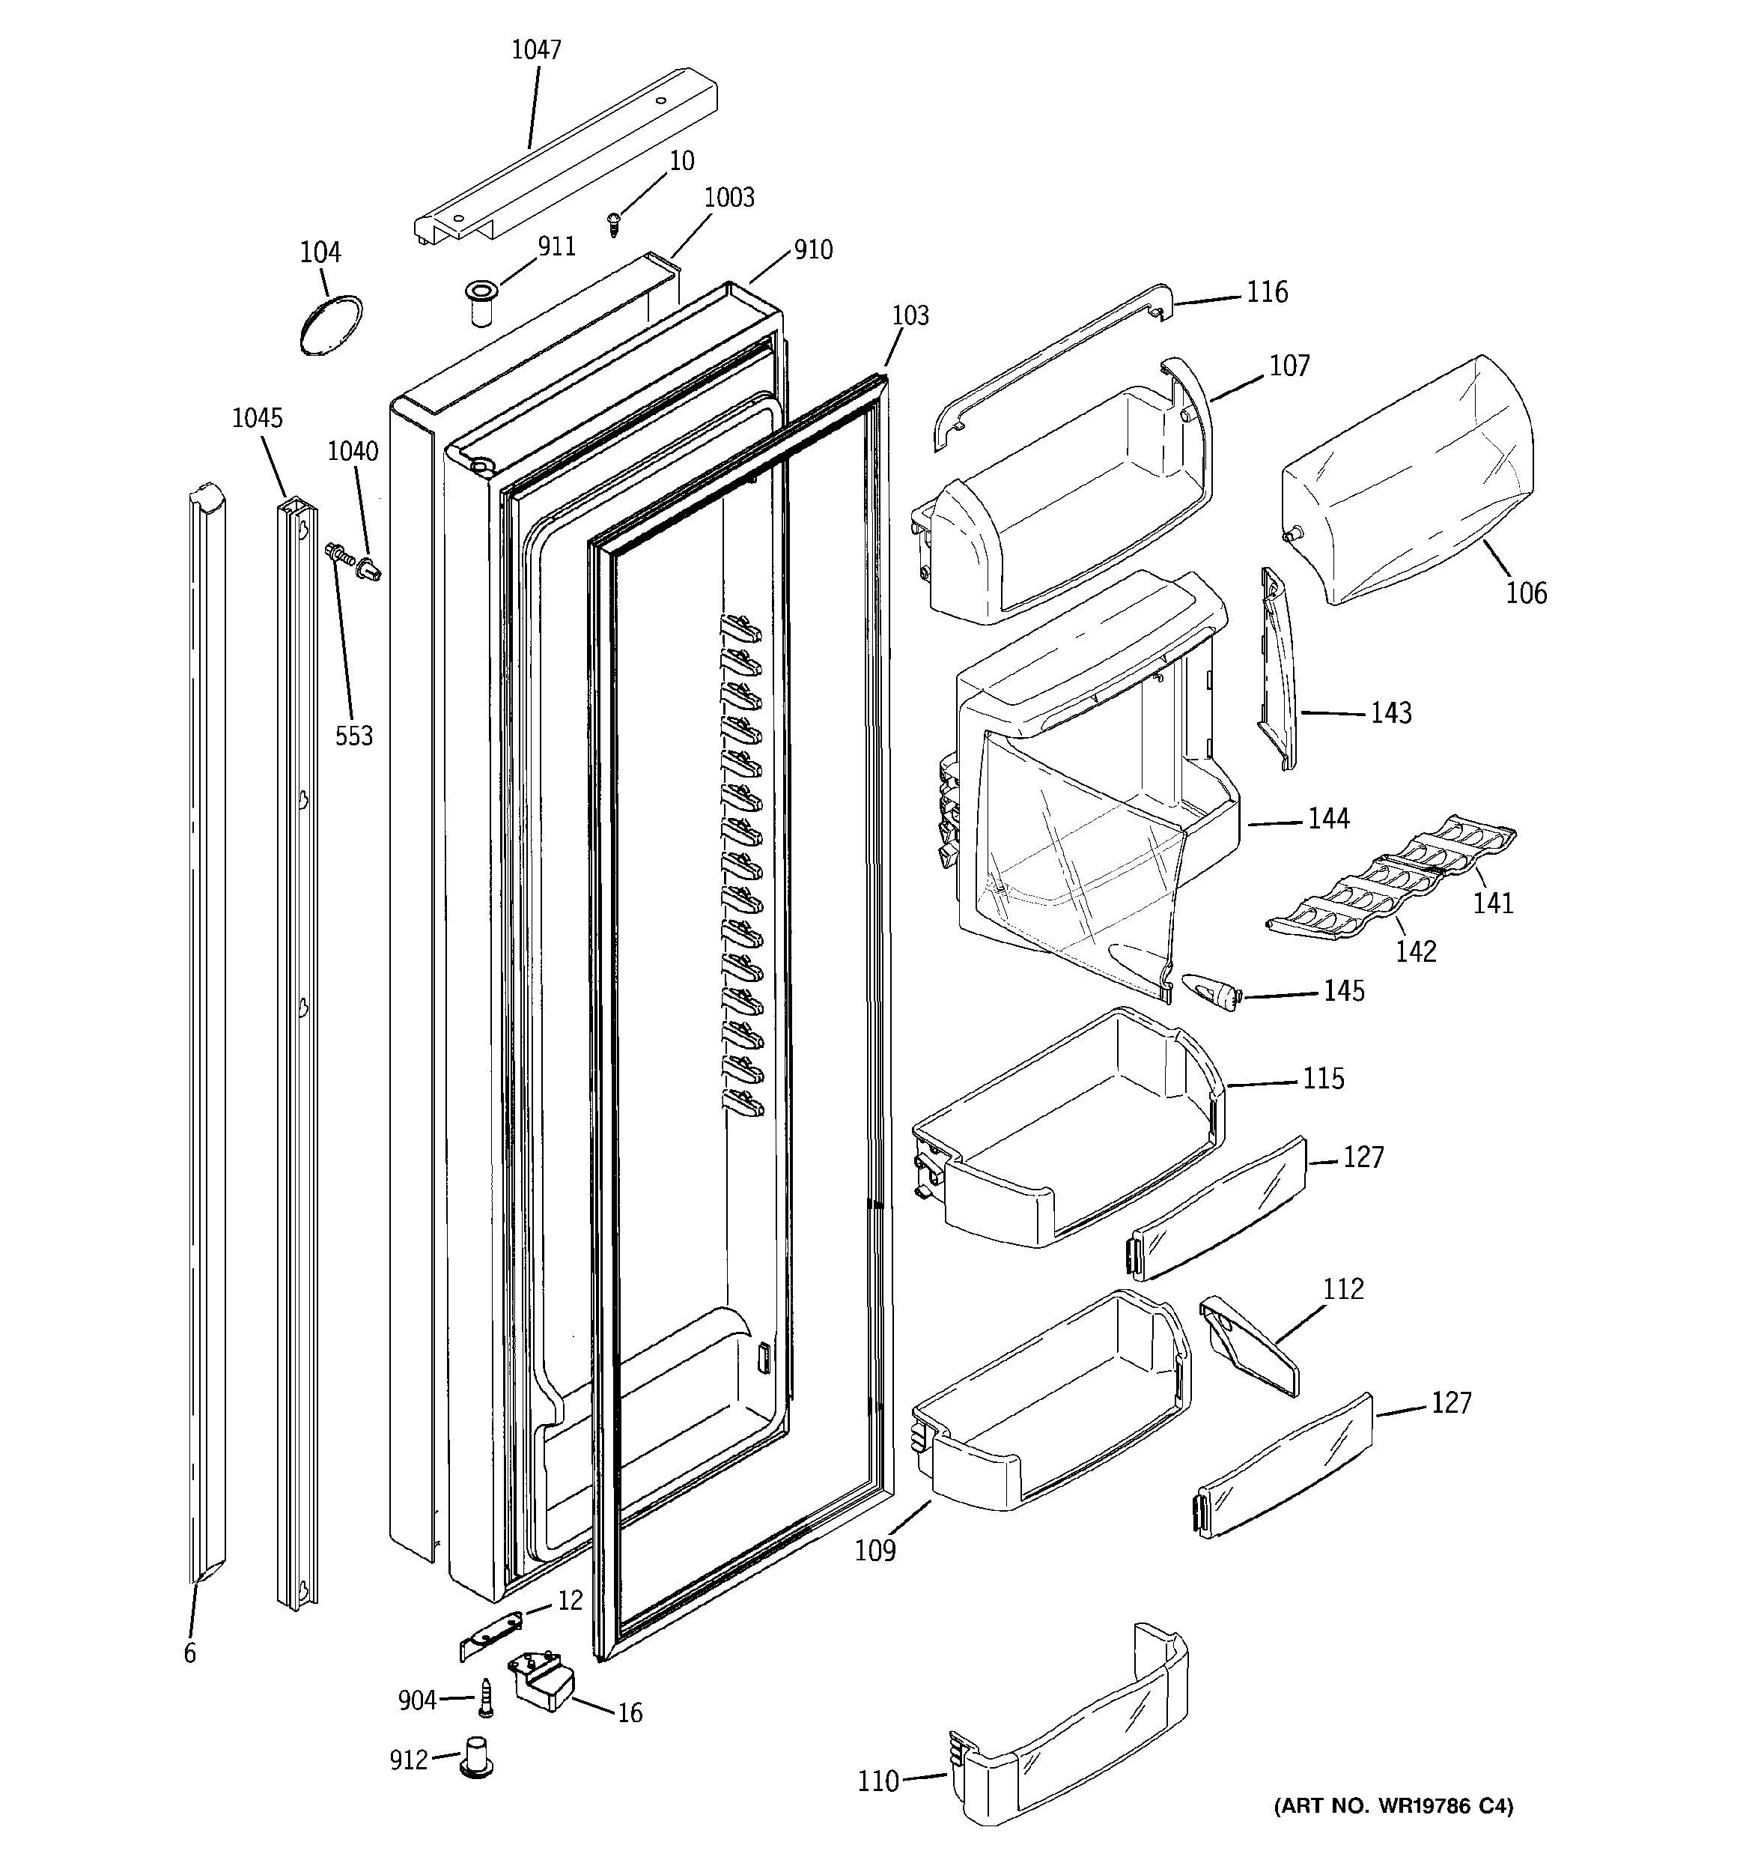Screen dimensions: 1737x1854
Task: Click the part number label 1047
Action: pyautogui.click(x=536, y=49)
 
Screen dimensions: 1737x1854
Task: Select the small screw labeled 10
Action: pyautogui.click(x=613, y=223)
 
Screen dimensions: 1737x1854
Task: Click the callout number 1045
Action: pyautogui.click(x=258, y=418)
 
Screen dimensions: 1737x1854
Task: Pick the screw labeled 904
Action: pyautogui.click(x=486, y=1698)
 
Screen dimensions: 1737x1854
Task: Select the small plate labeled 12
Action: pyautogui.click(x=493, y=1632)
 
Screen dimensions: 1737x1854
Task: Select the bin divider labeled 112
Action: pyautogui.click(x=1250, y=1348)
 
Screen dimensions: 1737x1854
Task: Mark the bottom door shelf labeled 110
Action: pyautogui.click(x=1072, y=1755)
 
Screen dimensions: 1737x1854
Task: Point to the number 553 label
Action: pyautogui.click(x=353, y=736)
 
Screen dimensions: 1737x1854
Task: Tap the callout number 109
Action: pyautogui.click(x=875, y=1550)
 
